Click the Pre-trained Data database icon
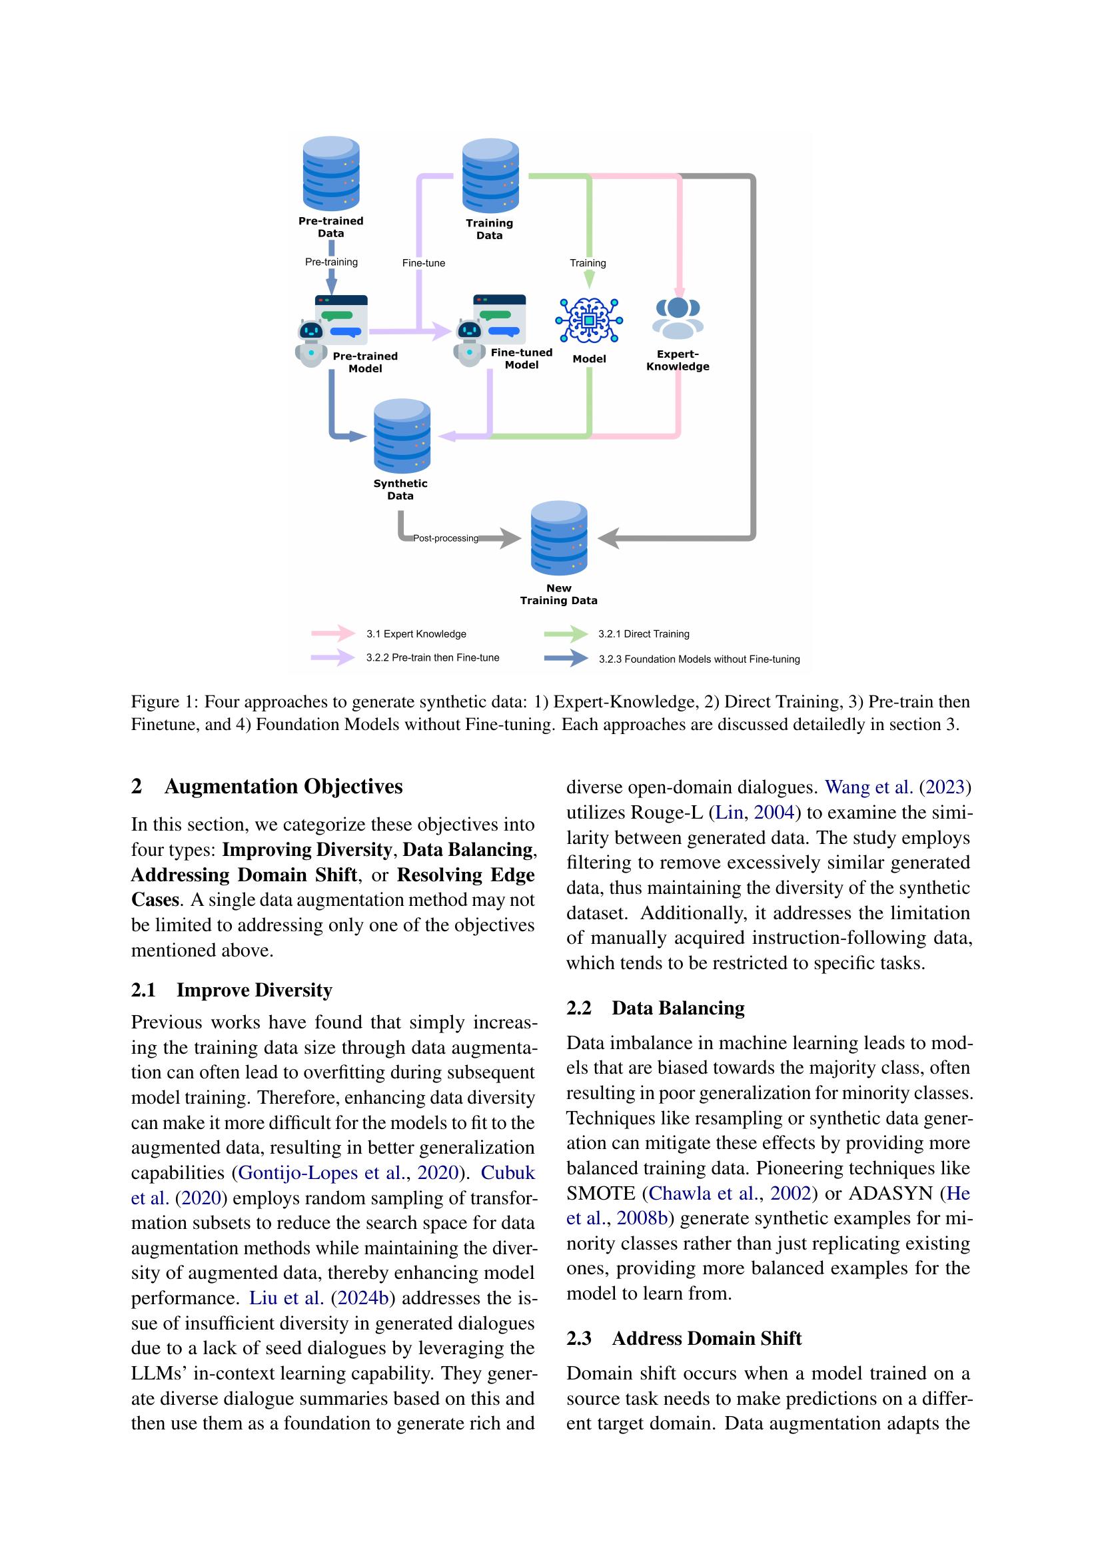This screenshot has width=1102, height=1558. pos(331,174)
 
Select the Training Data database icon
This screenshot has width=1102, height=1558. pos(490,176)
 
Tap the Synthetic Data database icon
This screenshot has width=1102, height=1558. pos(402,436)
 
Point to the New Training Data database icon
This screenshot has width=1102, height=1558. pos(559,538)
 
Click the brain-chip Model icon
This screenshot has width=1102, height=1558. pos(589,320)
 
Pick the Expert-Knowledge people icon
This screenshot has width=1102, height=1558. pos(678,318)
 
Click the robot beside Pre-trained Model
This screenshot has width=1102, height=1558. pos(310,342)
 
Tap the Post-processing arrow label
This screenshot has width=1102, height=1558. pos(446,538)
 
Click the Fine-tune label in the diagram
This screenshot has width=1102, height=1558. pos(424,263)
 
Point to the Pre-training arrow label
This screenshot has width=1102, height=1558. pos(331,262)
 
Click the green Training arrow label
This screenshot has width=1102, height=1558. pos(588,263)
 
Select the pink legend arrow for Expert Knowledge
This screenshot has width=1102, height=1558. pos(333,633)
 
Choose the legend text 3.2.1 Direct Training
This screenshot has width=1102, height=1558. pos(644,633)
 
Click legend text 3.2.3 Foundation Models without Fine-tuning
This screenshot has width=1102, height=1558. pos(699,659)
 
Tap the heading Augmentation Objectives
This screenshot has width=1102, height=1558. pos(283,787)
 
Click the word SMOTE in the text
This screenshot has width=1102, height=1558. pos(600,1194)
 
